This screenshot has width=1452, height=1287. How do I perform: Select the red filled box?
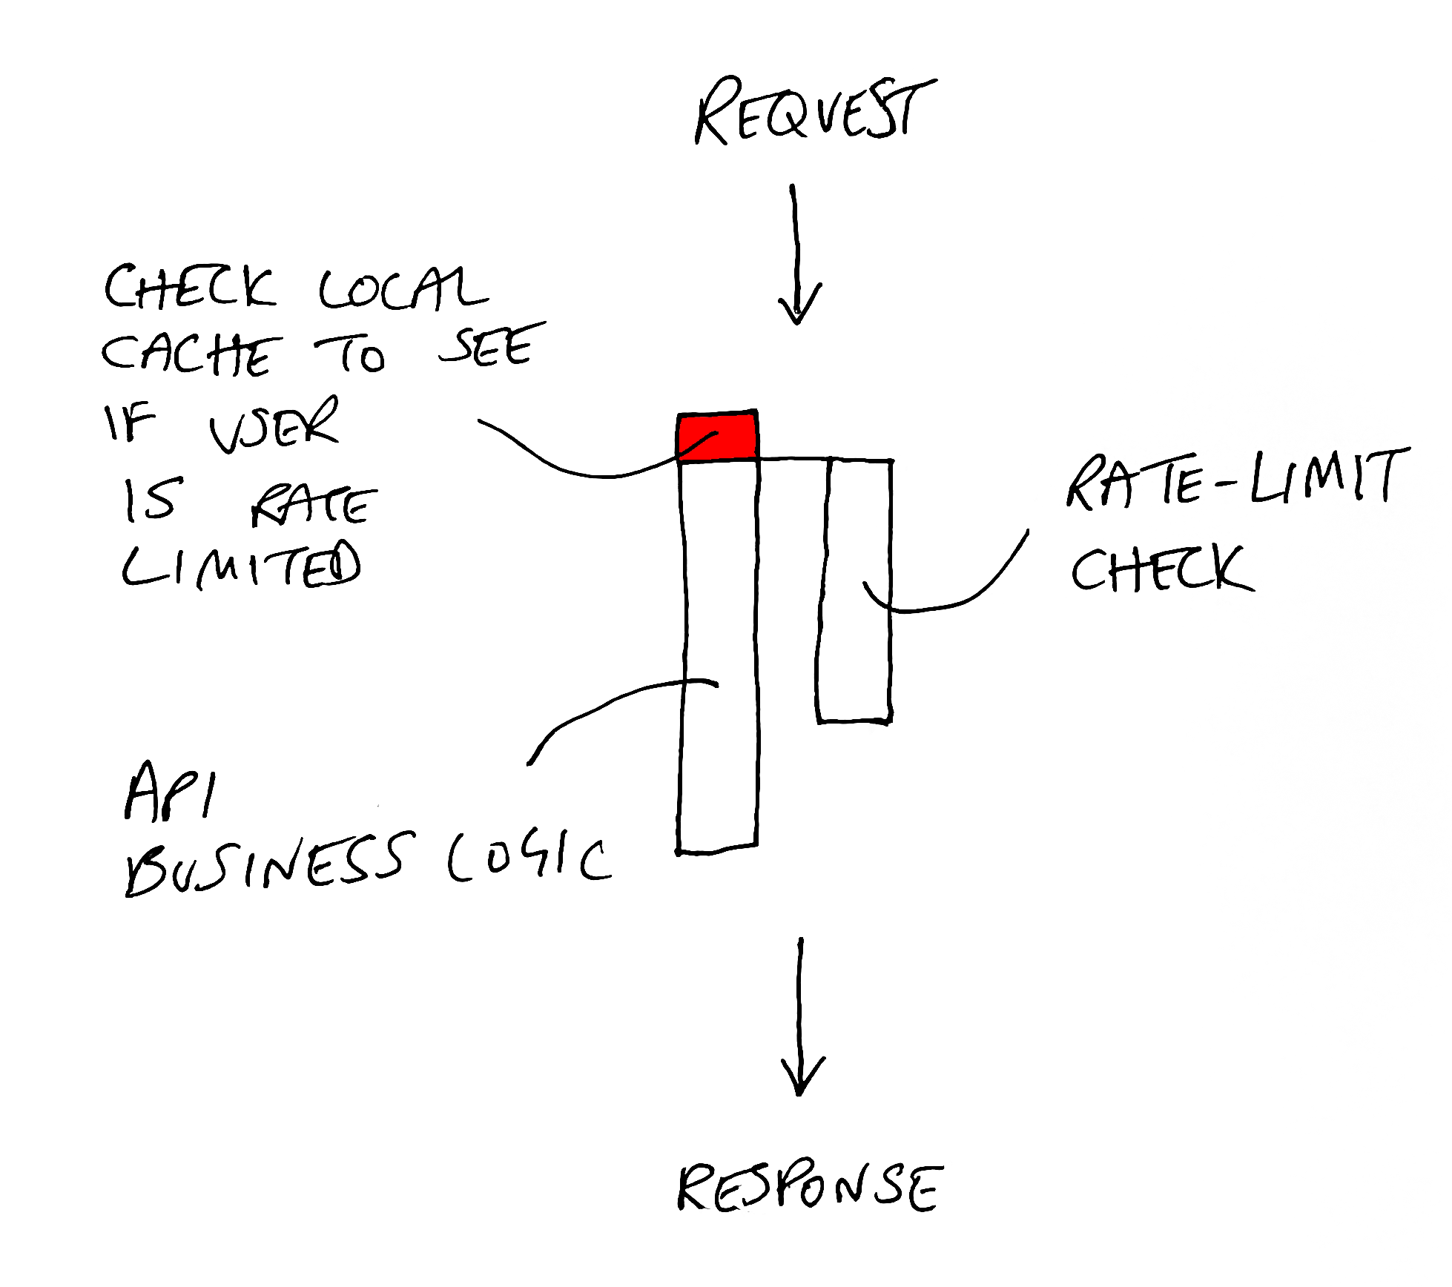point(717,435)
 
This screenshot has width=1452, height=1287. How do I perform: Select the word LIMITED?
point(241,565)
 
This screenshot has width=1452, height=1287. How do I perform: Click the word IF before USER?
point(130,423)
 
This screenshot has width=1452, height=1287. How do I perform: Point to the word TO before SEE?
point(351,355)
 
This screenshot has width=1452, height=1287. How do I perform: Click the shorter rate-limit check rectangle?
point(854,593)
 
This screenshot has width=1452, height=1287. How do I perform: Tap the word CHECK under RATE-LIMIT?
point(1161,569)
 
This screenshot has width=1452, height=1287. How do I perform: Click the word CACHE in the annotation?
point(191,354)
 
